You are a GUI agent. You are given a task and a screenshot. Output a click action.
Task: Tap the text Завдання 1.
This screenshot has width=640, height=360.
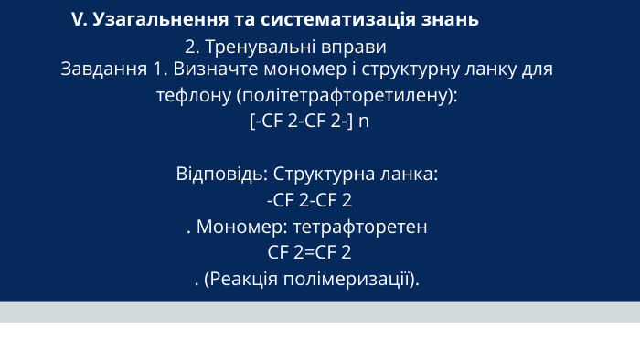114,69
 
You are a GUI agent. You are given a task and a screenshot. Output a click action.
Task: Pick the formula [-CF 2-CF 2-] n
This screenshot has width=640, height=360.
309,121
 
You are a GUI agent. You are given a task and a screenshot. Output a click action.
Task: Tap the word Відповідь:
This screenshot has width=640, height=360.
222,173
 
